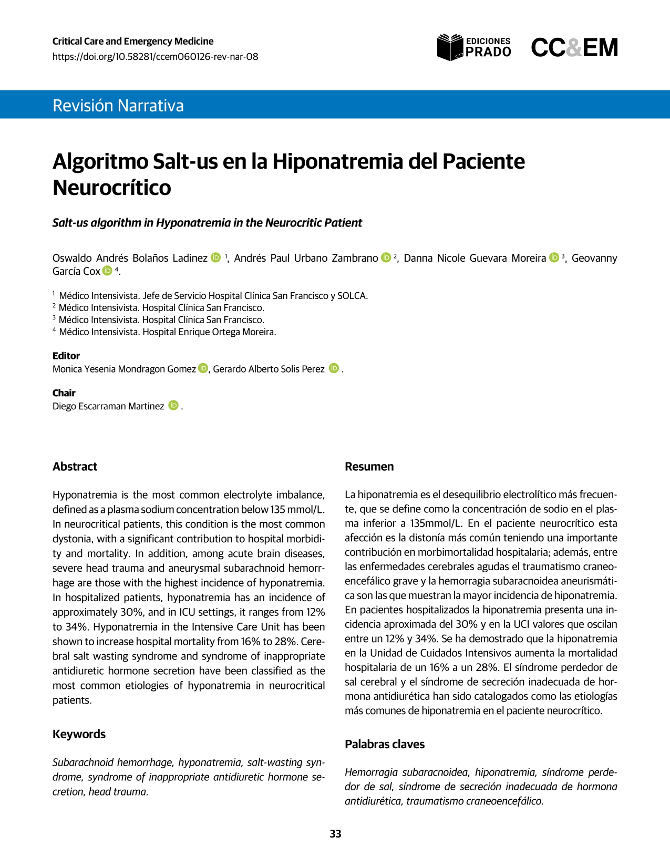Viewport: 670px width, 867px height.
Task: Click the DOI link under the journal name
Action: click(155, 57)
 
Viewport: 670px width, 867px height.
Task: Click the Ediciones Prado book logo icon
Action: click(450, 47)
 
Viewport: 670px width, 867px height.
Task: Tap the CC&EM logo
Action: click(574, 48)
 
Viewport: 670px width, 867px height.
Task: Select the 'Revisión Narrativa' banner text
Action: click(118, 105)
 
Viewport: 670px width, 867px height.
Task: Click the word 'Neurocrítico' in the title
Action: click(112, 188)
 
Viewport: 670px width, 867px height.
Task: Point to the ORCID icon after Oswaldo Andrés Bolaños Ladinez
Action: click(216, 257)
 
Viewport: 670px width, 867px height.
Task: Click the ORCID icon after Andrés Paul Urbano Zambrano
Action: click(386, 257)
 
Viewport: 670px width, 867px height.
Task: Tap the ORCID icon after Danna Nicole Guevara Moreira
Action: click(554, 257)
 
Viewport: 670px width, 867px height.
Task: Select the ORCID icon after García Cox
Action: click(108, 271)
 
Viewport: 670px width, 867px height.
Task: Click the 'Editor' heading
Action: click(66, 356)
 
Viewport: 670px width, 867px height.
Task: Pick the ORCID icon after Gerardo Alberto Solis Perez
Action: click(334, 368)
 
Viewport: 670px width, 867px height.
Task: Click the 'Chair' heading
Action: click(64, 393)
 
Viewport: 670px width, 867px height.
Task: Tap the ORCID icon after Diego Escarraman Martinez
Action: click(173, 406)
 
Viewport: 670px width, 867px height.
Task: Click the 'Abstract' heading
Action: click(75, 467)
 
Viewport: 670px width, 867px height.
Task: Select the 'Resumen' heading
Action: click(369, 467)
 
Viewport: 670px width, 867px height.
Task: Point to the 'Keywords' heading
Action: click(79, 734)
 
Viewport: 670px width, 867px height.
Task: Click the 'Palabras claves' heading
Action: click(385, 744)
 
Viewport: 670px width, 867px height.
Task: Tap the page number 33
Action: click(335, 834)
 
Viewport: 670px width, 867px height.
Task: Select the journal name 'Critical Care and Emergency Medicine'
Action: click(133, 41)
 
